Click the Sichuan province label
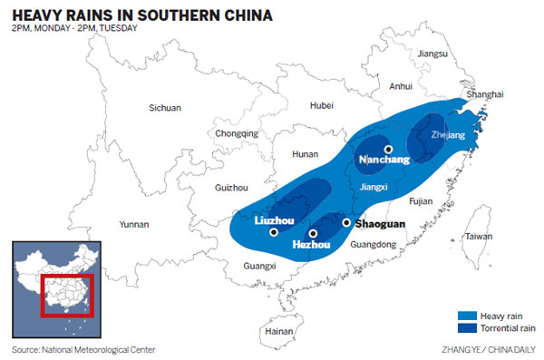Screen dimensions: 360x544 (165, 108)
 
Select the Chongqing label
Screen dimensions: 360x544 (237, 133)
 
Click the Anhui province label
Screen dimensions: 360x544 (401, 87)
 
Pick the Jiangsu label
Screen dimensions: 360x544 (432, 54)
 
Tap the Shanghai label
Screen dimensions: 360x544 (483, 94)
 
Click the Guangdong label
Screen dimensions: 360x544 (374, 244)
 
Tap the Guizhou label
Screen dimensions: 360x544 (233, 188)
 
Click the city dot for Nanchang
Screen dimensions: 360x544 (388, 150)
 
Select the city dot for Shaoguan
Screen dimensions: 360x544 (345, 221)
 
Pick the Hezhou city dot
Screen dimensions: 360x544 (313, 233)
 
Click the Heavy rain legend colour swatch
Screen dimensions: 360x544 (471, 315)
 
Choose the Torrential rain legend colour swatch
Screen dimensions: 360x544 (471, 327)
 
